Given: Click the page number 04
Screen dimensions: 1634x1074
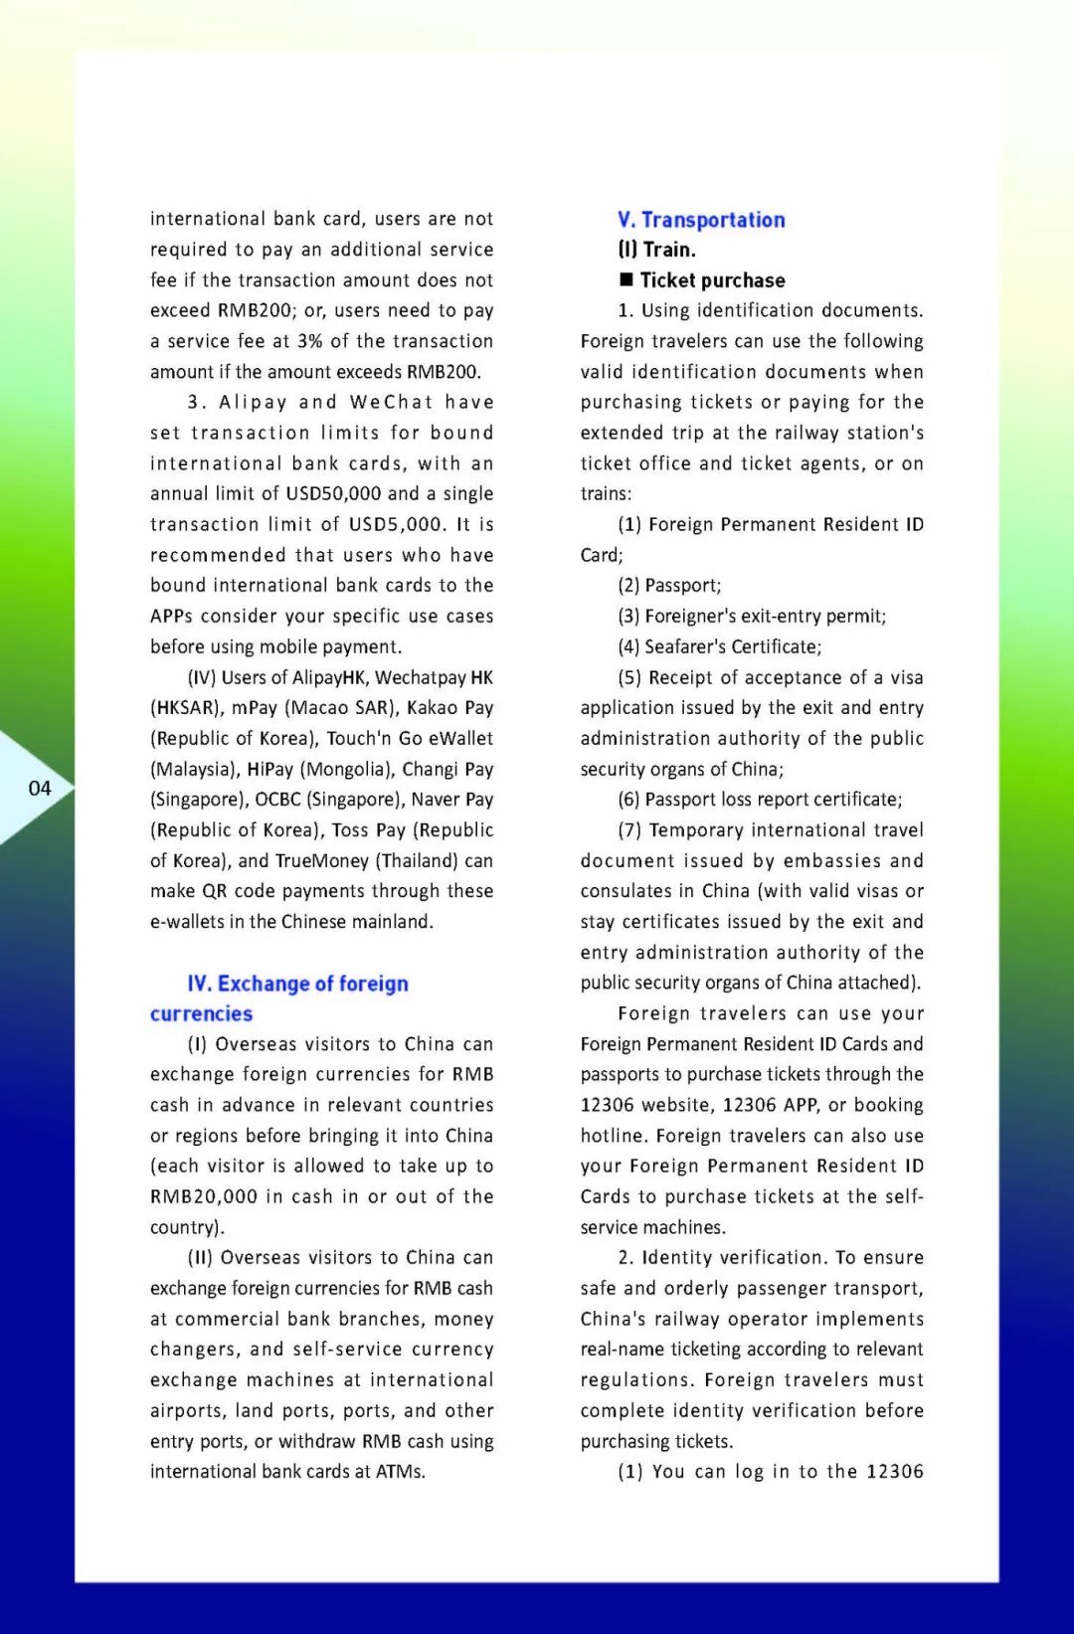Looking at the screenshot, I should (40, 789).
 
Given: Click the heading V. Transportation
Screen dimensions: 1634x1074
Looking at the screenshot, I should (701, 220).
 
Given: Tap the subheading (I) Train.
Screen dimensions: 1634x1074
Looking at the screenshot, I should (656, 250).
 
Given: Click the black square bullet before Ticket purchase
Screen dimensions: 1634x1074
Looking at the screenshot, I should (626, 279).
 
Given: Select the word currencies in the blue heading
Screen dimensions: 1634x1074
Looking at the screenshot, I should (201, 1013).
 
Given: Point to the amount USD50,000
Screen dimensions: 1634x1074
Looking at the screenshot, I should (333, 494).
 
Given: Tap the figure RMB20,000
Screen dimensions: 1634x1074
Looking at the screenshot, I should (204, 1196).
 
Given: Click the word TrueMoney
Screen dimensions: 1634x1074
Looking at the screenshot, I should (321, 861).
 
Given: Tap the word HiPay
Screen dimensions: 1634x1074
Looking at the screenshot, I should (269, 770).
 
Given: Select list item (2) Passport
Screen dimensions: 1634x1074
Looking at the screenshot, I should (669, 586).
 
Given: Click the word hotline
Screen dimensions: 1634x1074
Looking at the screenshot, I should (613, 1136).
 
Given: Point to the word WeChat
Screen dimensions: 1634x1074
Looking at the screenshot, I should (391, 403).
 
